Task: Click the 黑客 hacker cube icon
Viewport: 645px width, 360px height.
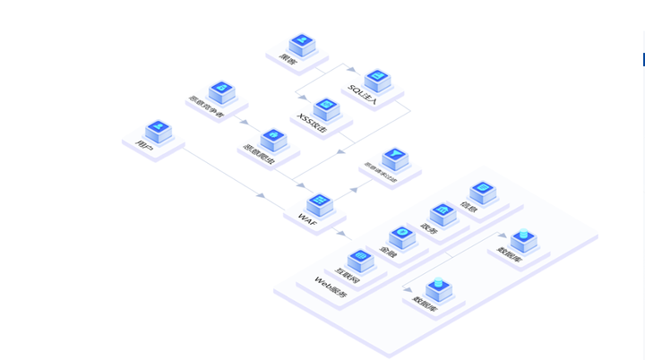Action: (x=302, y=43)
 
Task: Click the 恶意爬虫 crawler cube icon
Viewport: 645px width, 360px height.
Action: (x=272, y=140)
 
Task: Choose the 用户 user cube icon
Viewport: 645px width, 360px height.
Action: (x=158, y=131)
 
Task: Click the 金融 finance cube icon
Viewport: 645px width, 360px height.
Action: (x=402, y=236)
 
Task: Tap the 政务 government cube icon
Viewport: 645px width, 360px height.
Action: (x=443, y=214)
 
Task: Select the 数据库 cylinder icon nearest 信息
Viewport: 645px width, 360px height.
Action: (x=523, y=239)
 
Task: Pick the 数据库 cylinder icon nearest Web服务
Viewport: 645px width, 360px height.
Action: (x=438, y=289)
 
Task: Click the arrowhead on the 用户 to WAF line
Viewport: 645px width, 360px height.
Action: (x=261, y=194)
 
